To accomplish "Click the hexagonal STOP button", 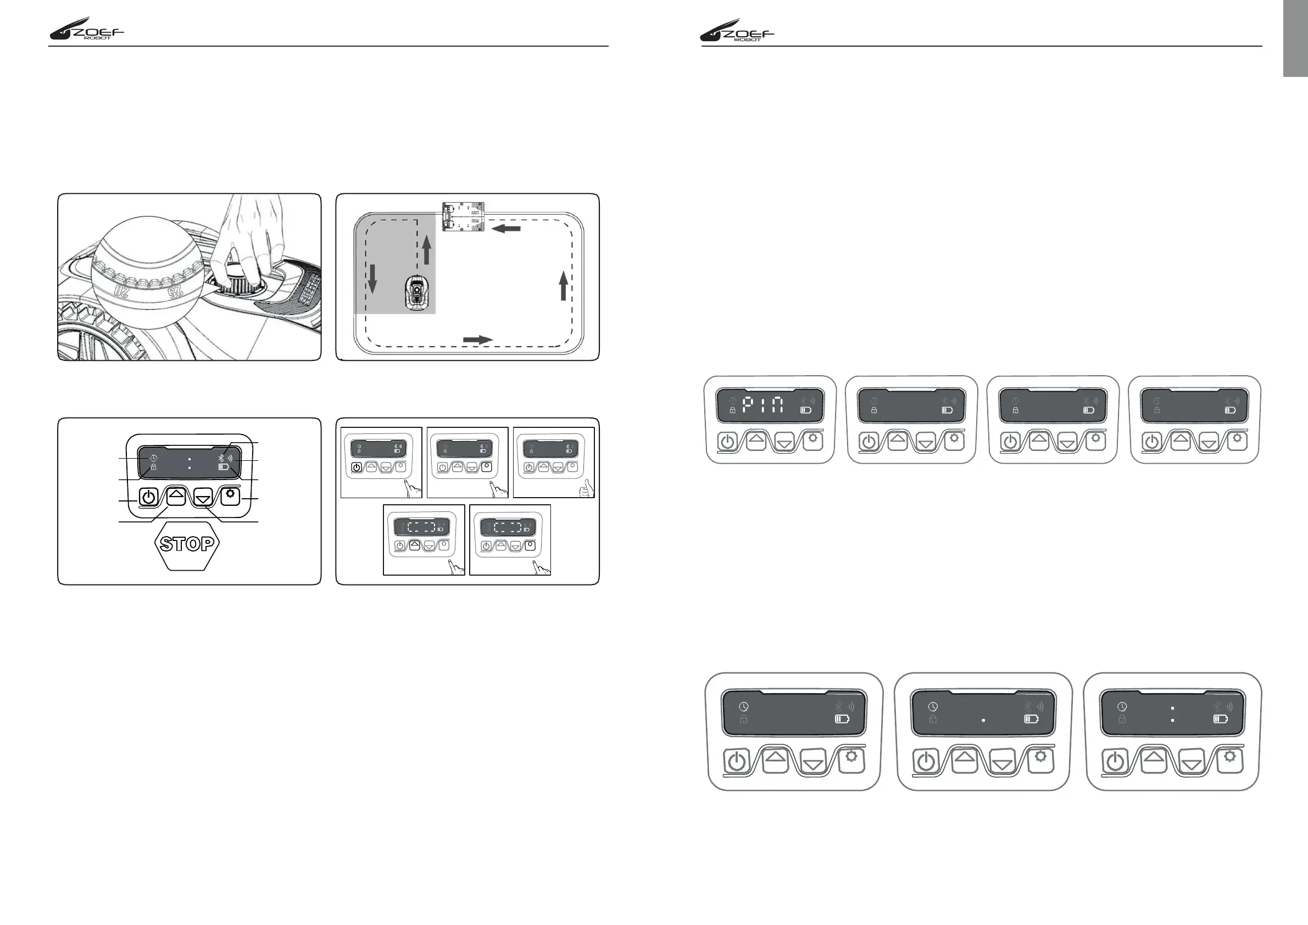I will [x=187, y=543].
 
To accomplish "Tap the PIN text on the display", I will [x=764, y=405].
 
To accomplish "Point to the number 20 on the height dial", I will [x=122, y=291].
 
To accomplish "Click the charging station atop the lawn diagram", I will [x=463, y=216].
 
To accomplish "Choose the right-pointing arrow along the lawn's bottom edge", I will [x=477, y=339].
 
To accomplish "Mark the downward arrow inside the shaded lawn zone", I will [x=372, y=279].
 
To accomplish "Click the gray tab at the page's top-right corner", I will [x=1295, y=37].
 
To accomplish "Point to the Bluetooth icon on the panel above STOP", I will [x=221, y=458].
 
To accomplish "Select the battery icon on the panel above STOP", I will [x=224, y=467].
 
